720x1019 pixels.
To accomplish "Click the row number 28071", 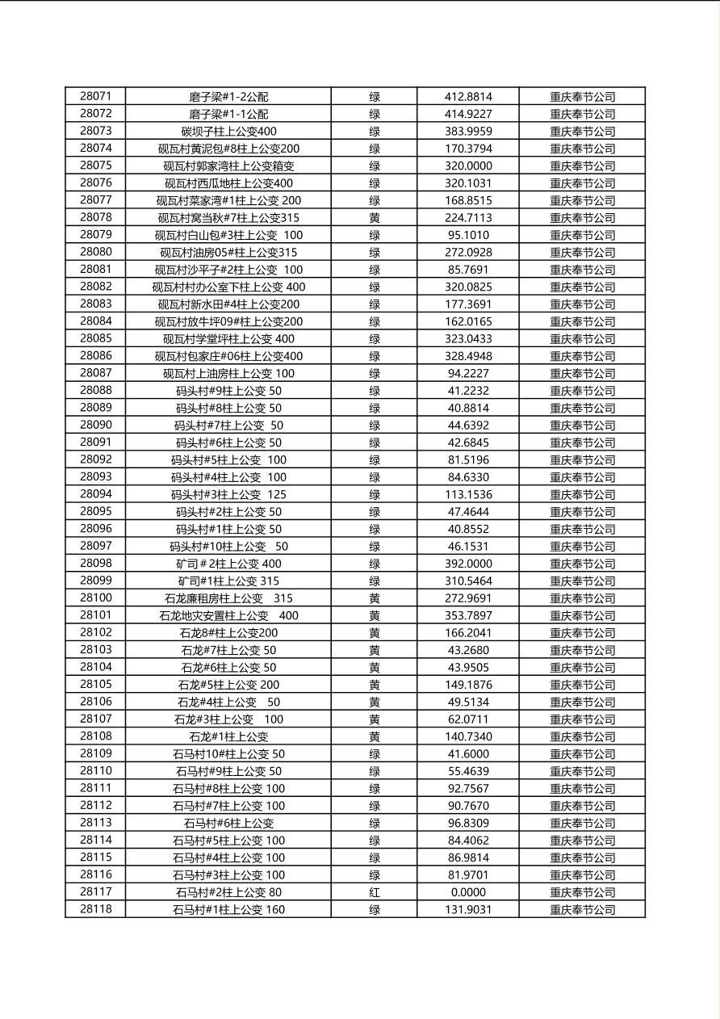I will (96, 96).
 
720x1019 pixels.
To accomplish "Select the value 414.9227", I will (468, 114).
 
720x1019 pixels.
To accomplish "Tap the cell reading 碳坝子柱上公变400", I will (228, 131).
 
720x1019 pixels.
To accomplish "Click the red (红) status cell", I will (375, 892).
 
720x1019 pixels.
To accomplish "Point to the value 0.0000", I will (468, 892).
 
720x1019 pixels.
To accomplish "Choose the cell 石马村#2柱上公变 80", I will (228, 892).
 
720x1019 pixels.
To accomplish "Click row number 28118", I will (96, 909).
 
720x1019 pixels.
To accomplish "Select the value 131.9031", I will (468, 909).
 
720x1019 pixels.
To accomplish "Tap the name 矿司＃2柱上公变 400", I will (228, 564).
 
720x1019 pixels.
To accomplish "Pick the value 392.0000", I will (468, 564).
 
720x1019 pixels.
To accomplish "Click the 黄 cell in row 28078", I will (375, 217).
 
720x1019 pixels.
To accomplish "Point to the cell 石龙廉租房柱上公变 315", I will (228, 598).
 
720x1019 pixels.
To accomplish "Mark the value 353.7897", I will (468, 615).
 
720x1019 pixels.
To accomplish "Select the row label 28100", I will (96, 598).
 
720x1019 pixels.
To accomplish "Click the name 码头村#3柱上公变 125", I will (228, 494).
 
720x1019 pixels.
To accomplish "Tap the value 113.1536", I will (468, 494).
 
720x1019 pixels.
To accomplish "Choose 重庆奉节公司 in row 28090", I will (582, 426).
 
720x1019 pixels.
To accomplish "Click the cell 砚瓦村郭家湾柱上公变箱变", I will (228, 166).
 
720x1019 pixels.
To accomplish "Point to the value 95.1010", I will (468, 235).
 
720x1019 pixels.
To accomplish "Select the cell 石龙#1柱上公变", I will (228, 736).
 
